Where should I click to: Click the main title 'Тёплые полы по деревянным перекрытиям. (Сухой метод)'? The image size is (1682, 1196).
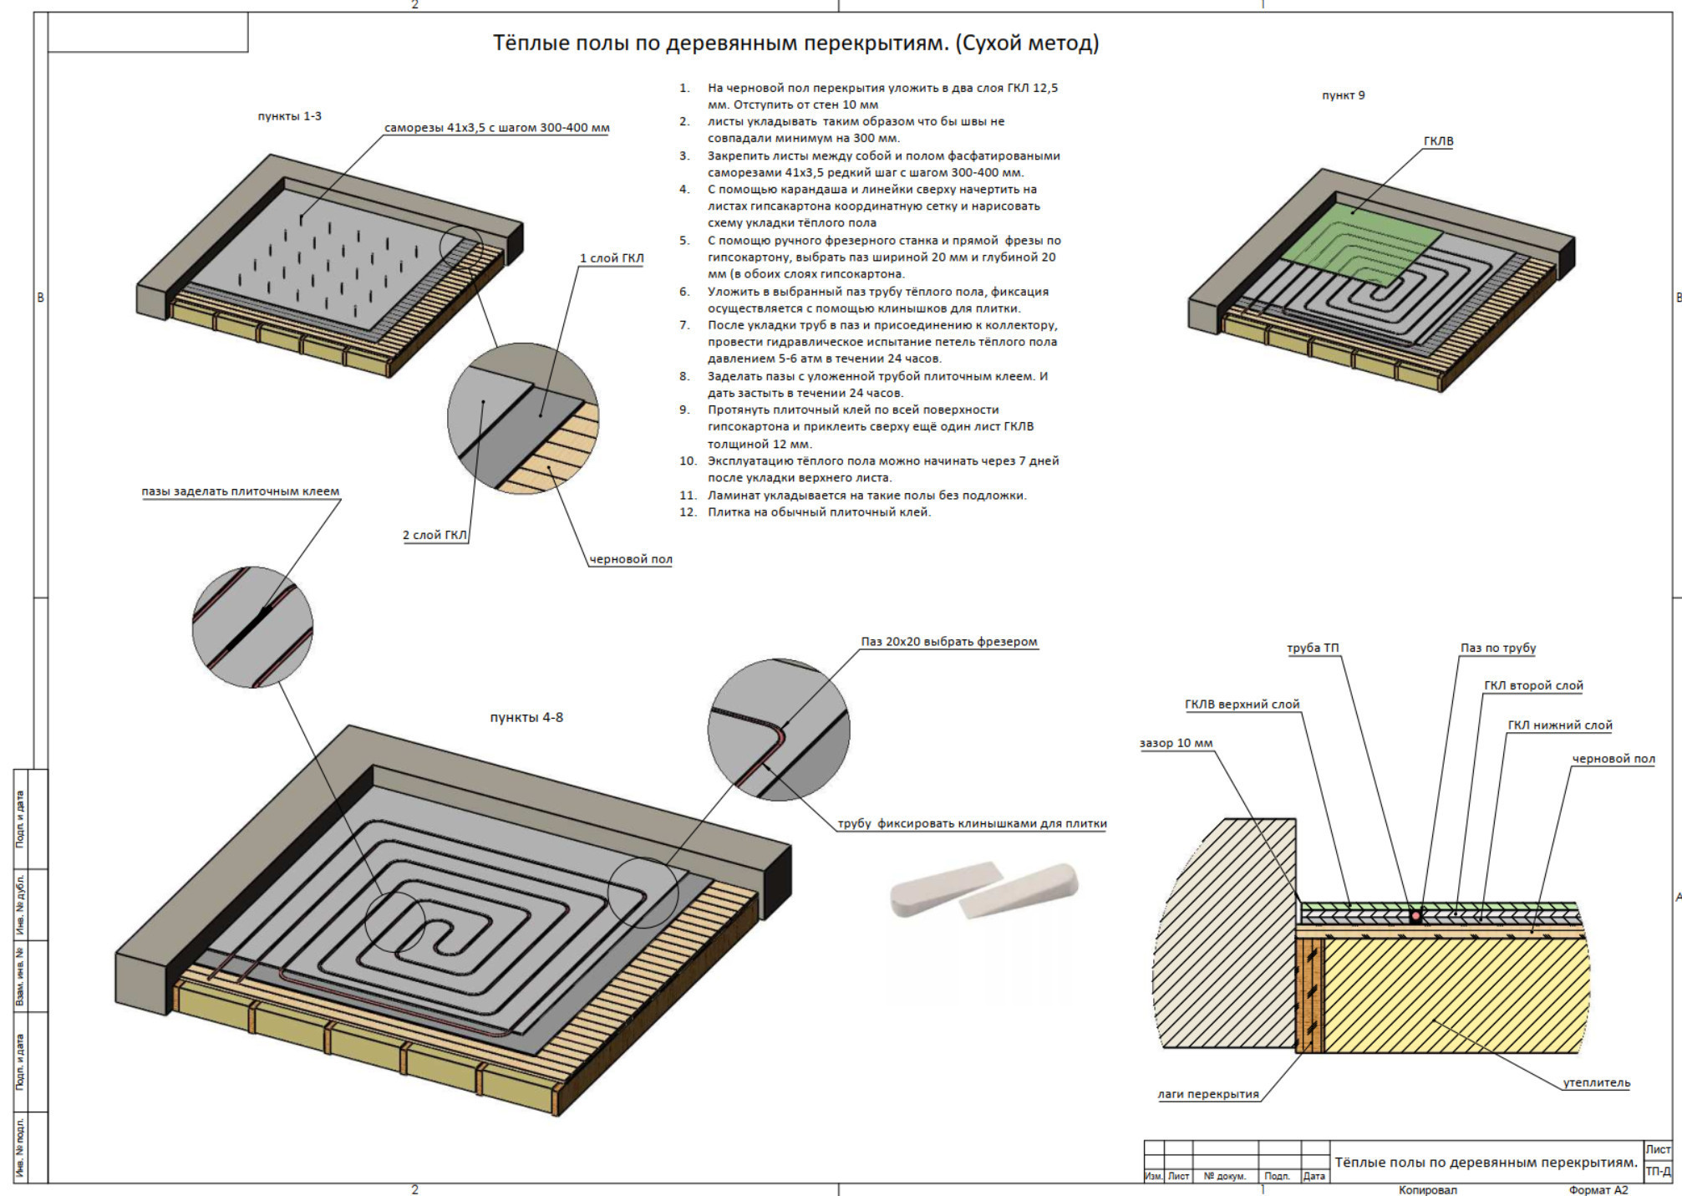795,43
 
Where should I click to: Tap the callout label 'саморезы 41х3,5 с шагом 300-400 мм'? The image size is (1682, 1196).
496,128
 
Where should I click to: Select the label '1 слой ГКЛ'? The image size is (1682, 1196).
612,258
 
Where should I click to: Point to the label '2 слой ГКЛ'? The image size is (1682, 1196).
434,535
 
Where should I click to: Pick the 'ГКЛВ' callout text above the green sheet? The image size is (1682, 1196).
1438,141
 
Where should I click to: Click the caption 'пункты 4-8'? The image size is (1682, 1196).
526,717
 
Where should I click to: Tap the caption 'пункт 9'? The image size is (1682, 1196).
1343,95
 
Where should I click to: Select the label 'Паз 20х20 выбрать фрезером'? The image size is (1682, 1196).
948,642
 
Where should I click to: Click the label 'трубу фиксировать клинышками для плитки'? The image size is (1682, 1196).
972,823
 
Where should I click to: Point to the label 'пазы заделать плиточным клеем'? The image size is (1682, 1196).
240,491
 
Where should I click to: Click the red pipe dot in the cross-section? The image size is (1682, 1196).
1415,916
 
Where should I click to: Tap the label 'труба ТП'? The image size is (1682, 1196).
1313,648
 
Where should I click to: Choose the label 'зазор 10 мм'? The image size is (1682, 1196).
1176,743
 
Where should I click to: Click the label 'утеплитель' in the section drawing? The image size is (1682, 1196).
1596,1082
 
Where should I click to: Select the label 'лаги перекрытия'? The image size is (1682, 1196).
1207,1094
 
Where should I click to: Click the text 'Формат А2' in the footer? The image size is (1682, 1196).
1598,1190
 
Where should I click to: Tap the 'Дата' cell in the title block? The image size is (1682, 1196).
1314,1176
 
